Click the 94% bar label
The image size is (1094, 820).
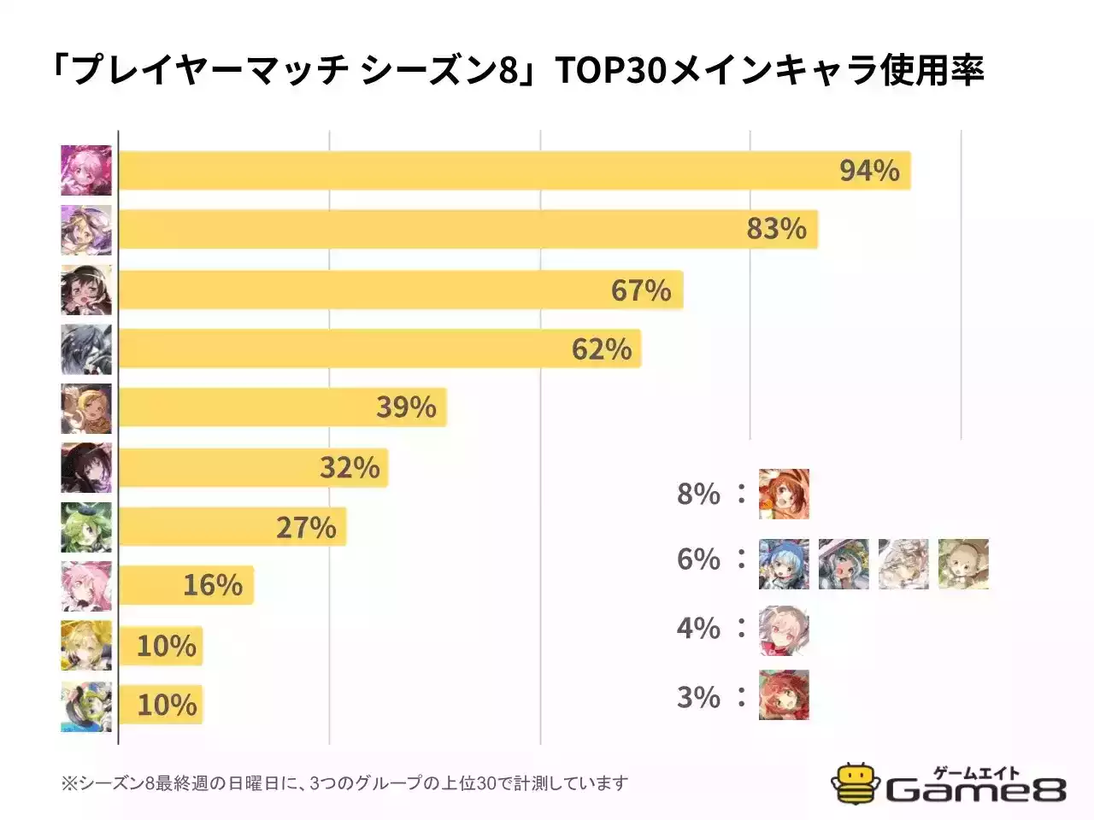[869, 171]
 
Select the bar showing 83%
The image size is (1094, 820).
[467, 229]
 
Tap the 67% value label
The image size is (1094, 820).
[641, 290]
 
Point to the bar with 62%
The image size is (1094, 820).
[379, 348]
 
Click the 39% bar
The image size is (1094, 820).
[282, 407]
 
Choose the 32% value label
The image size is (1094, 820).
[350, 468]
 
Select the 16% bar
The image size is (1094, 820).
[185, 585]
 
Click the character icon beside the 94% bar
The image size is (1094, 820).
[86, 171]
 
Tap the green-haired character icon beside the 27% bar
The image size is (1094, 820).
[86, 527]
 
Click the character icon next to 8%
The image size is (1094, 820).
[784, 494]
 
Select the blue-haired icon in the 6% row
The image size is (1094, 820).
[784, 564]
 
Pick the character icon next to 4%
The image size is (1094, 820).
[784, 630]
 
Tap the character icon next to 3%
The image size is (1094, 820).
[784, 695]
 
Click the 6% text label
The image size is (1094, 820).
[698, 559]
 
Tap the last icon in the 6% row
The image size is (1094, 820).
[963, 564]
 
